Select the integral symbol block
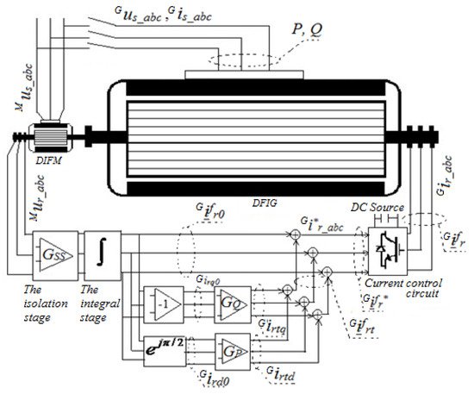pos(103,256)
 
